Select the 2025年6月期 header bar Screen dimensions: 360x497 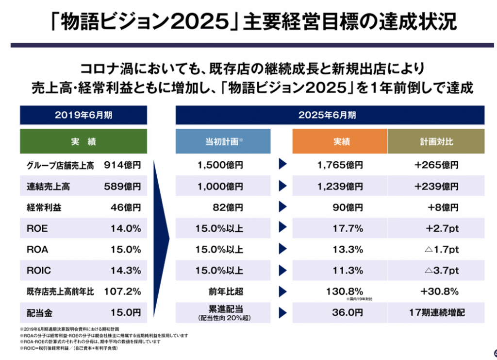pos(330,115)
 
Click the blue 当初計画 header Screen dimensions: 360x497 pos(223,142)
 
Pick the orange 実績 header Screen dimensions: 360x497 pos(339,142)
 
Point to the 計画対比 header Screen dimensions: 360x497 pos(436,142)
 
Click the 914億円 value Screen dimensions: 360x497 pos(122,165)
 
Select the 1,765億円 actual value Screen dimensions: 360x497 pos(340,165)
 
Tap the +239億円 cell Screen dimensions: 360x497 pos(436,186)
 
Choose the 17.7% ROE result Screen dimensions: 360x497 pos(348,228)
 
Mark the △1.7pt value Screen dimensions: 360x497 pos(441,250)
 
